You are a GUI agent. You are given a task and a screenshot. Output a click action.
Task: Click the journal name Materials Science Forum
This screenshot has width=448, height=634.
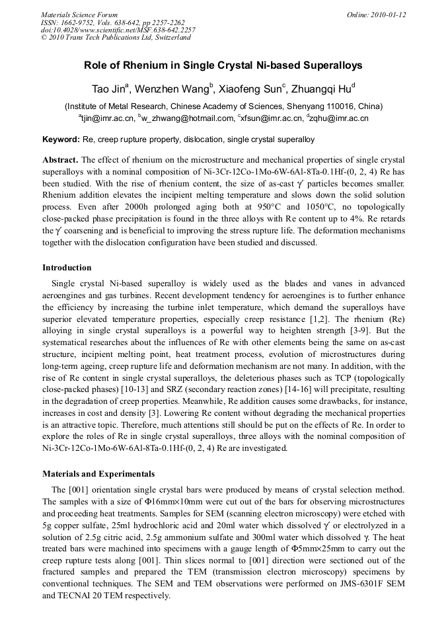coord(79,15)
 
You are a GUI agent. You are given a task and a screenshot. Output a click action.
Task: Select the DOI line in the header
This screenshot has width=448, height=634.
coord(118,30)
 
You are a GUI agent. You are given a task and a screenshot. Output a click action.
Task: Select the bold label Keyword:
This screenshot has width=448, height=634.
coord(61,139)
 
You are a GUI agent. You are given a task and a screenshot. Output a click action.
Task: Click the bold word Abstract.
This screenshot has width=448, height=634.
coord(60,160)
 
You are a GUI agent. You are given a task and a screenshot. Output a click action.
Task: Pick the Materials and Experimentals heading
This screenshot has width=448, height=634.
coord(98,473)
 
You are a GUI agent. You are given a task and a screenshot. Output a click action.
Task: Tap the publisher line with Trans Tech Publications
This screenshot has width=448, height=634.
coord(116,38)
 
